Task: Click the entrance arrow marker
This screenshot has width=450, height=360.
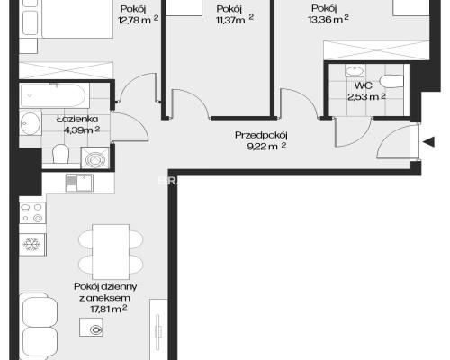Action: click(x=428, y=141)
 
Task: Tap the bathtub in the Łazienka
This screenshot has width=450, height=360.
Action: click(x=53, y=95)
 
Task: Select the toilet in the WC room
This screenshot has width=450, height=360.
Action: click(x=391, y=81)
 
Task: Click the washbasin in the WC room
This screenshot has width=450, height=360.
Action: click(x=355, y=71)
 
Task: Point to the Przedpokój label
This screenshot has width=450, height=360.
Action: click(x=261, y=135)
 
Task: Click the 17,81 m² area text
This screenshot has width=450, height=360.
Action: click(x=109, y=309)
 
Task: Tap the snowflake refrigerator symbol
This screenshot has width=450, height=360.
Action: click(x=31, y=244)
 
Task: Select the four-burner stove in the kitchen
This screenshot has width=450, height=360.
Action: click(x=32, y=212)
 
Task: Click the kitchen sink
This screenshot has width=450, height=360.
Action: click(x=79, y=183)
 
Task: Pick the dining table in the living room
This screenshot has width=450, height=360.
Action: click(x=111, y=252)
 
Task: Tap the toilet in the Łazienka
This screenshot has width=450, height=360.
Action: click(x=61, y=154)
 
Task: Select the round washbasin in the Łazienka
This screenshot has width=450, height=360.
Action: click(x=31, y=123)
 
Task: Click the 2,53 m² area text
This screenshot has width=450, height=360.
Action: click(x=366, y=96)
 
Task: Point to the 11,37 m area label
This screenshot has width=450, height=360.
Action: click(x=235, y=20)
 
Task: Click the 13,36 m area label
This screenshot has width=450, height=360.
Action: click(x=328, y=20)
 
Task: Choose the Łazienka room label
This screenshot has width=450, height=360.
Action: click(x=77, y=119)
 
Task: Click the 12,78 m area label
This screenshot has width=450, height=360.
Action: click(x=139, y=21)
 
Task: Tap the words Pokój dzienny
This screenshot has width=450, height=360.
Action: click(x=105, y=287)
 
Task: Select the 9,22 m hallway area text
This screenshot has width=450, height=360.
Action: click(x=266, y=147)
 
